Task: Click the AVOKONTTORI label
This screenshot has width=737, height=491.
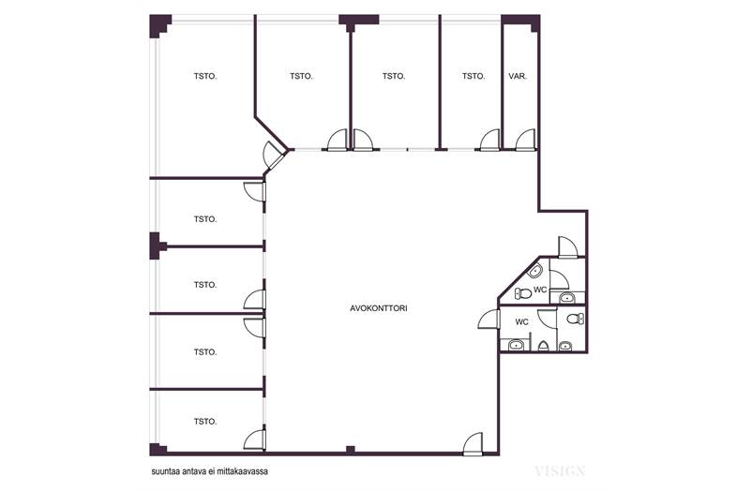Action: (379, 308)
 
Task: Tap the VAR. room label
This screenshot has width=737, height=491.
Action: (518, 76)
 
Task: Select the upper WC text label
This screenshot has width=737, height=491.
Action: (540, 290)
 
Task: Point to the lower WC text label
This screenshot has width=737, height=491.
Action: (521, 321)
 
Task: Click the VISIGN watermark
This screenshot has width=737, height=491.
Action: (560, 470)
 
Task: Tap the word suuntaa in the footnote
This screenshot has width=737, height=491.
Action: (163, 471)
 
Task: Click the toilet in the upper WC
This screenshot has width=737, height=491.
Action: (522, 293)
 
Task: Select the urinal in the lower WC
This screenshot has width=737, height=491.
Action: (543, 346)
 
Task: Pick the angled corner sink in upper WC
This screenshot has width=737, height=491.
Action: (535, 270)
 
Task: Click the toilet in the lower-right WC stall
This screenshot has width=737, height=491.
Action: (576, 319)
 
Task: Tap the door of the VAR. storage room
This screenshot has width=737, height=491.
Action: (525, 140)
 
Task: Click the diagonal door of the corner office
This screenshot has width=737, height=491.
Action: (275, 155)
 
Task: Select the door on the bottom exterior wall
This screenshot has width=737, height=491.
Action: (473, 444)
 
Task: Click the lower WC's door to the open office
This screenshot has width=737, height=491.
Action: (489, 320)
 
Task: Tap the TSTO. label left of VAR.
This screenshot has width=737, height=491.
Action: (474, 76)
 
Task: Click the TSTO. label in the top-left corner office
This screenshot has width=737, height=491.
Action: (205, 76)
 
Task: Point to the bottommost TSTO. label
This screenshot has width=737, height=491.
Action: (205, 422)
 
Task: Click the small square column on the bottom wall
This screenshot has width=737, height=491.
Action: (350, 450)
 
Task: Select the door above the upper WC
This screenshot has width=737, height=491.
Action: (567, 247)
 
